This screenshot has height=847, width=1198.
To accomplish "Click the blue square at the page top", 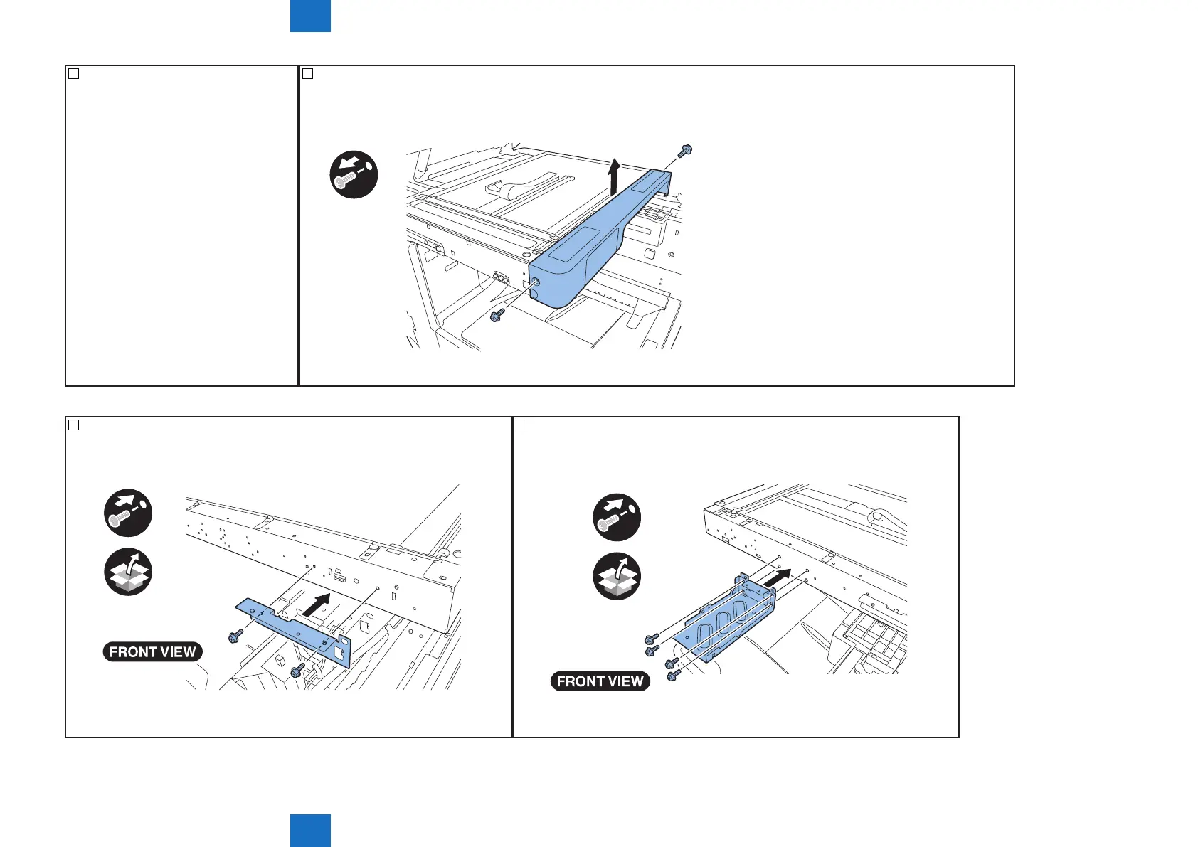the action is coord(310,16).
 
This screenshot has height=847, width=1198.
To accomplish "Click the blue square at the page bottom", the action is coord(310,831).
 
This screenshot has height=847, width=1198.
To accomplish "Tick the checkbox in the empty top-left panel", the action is coord(73,73).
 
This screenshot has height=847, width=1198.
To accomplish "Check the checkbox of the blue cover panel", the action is coord(307,73).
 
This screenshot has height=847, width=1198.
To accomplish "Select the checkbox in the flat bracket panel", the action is coord(73,425).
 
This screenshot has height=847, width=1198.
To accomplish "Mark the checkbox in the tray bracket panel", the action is coord(521,425).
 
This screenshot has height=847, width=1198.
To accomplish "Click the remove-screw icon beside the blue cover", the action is coord(354,174).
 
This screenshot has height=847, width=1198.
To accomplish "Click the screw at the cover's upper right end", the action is coord(686,151).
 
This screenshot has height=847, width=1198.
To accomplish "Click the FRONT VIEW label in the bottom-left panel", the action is coord(152,651).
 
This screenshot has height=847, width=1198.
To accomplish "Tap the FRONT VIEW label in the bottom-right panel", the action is coord(600,681).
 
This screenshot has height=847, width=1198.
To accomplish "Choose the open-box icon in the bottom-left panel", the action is coord(128,572).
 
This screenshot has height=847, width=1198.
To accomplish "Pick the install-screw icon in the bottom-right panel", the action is coord(617,517).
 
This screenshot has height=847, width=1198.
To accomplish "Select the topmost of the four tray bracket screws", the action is coord(649,639).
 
